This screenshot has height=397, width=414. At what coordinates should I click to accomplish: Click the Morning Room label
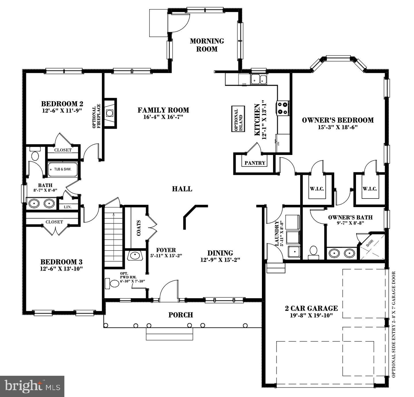pos(207,45)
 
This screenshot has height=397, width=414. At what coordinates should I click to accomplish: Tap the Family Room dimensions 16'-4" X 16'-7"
pos(163,117)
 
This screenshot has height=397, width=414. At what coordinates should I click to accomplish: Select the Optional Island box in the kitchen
pos(238,119)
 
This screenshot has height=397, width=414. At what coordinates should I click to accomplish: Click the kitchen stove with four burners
pos(283,108)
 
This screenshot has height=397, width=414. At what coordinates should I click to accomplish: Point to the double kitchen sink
pos(259,79)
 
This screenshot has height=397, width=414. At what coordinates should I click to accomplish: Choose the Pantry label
pos(255,163)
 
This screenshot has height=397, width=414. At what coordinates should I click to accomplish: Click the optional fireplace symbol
pos(110,113)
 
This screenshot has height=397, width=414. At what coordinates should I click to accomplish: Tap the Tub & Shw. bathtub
pos(63,169)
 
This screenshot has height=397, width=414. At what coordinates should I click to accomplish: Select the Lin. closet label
pos(67,207)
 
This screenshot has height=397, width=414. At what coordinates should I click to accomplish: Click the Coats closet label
pos(139,228)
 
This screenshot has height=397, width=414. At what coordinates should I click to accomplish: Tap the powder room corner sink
pos(135,255)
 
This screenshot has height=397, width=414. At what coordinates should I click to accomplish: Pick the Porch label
pos(181,315)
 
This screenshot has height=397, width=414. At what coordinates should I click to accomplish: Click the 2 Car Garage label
pos(311,308)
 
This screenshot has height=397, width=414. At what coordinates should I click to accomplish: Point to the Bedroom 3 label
pos(61,262)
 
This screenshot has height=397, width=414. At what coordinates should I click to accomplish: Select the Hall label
pos(182,189)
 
